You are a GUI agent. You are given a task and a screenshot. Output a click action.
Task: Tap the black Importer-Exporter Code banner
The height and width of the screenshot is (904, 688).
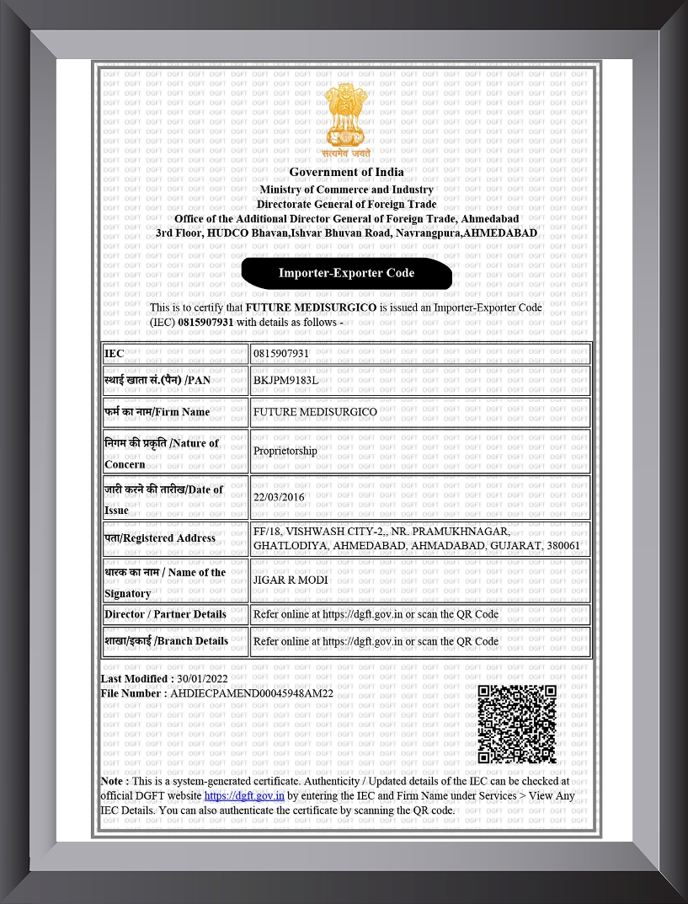tap(346, 273)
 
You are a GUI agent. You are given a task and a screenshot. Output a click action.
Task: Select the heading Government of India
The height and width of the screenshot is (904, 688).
tap(346, 172)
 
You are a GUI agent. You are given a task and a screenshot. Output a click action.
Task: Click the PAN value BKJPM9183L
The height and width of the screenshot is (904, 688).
tap(285, 380)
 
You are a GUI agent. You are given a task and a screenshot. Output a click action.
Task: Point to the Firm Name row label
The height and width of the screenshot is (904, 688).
tap(157, 412)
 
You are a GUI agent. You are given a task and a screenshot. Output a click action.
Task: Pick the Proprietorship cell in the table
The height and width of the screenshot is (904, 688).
tap(285, 451)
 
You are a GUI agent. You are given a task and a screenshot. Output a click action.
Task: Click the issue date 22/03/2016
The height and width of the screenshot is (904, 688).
tap(279, 497)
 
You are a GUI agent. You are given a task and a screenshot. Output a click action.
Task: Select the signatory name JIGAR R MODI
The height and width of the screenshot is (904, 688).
tap(291, 580)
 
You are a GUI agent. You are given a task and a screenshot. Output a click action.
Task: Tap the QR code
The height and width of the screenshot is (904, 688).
tap(517, 724)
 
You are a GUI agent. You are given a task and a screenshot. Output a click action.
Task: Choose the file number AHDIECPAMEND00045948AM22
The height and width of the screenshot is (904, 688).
tap(252, 693)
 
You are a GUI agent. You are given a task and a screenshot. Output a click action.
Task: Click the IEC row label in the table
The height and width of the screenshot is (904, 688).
tap(115, 354)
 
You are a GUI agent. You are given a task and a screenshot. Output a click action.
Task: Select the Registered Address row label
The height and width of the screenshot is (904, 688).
tap(160, 538)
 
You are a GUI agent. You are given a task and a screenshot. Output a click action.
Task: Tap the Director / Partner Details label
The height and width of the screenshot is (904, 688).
tap(165, 614)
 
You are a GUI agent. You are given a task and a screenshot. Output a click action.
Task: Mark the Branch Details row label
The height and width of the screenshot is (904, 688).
tap(166, 641)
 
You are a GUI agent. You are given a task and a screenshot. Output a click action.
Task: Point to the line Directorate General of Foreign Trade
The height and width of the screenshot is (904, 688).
tap(346, 204)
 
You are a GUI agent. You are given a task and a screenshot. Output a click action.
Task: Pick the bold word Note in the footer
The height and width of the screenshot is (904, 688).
tap(114, 781)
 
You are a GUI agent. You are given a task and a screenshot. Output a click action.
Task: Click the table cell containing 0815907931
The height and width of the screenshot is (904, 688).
tap(281, 354)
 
